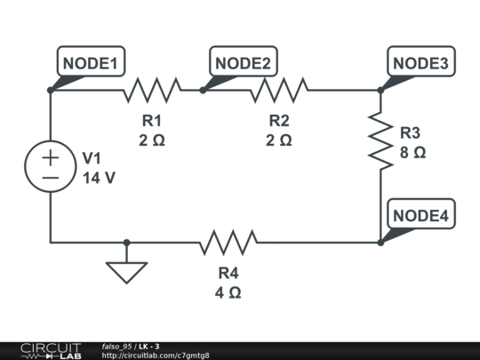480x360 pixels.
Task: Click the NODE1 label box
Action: click(x=91, y=61)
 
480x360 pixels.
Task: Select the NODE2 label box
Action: click(x=244, y=61)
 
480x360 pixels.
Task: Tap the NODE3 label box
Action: click(x=421, y=61)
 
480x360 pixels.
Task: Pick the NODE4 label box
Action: click(x=421, y=213)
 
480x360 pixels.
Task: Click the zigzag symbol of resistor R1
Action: click(x=152, y=90)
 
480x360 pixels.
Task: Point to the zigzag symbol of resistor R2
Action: click(x=279, y=90)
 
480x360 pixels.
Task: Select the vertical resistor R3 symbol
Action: click(x=380, y=140)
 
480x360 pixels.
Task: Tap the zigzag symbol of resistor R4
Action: click(x=228, y=243)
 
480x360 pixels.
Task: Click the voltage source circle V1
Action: click(x=51, y=166)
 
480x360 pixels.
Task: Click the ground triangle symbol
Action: click(x=126, y=273)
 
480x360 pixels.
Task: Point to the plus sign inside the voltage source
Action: click(x=51, y=157)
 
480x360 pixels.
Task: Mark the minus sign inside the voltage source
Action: click(x=51, y=178)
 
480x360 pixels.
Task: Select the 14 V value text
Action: click(x=99, y=178)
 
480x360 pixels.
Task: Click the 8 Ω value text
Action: click(x=412, y=152)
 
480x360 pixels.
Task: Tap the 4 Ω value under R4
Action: click(x=228, y=292)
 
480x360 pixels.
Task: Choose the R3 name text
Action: click(x=410, y=132)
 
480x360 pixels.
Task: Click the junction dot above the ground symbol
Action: click(x=126, y=243)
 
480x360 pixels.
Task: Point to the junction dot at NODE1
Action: click(x=51, y=90)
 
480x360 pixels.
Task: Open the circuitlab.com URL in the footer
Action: click(x=156, y=356)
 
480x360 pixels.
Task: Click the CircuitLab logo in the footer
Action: click(x=52, y=351)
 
